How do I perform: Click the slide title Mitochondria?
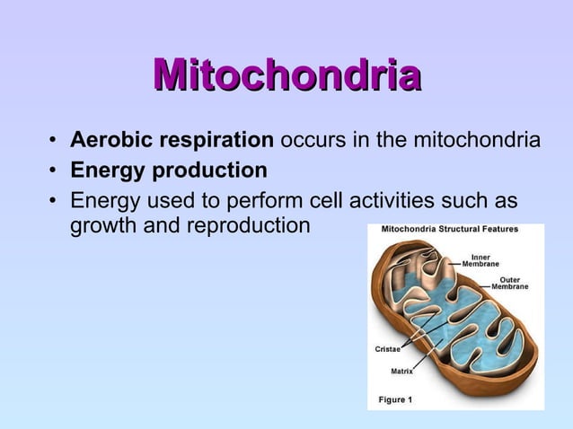[x=286, y=74]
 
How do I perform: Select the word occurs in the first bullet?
[x=312, y=141]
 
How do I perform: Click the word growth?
[x=101, y=224]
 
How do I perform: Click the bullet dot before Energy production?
[x=55, y=171]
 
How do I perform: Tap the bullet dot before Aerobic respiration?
[x=55, y=141]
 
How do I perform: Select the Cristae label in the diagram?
[x=388, y=348]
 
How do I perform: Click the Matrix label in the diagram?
[x=401, y=371]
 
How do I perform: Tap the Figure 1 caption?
[x=395, y=399]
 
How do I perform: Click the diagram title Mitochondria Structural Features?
[x=450, y=229]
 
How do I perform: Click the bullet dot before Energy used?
[x=55, y=199]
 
